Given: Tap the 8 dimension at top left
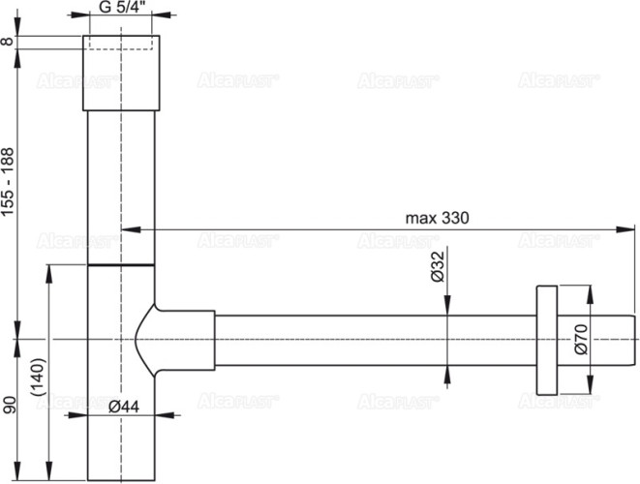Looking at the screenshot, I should click(x=9, y=42).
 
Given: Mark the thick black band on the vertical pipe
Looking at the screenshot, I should click(x=121, y=262).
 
